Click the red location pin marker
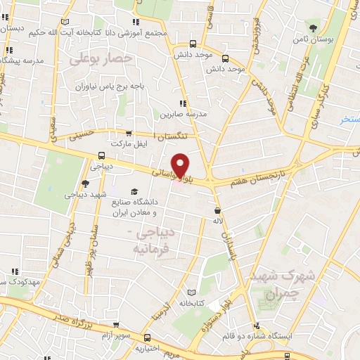click(180, 165)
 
